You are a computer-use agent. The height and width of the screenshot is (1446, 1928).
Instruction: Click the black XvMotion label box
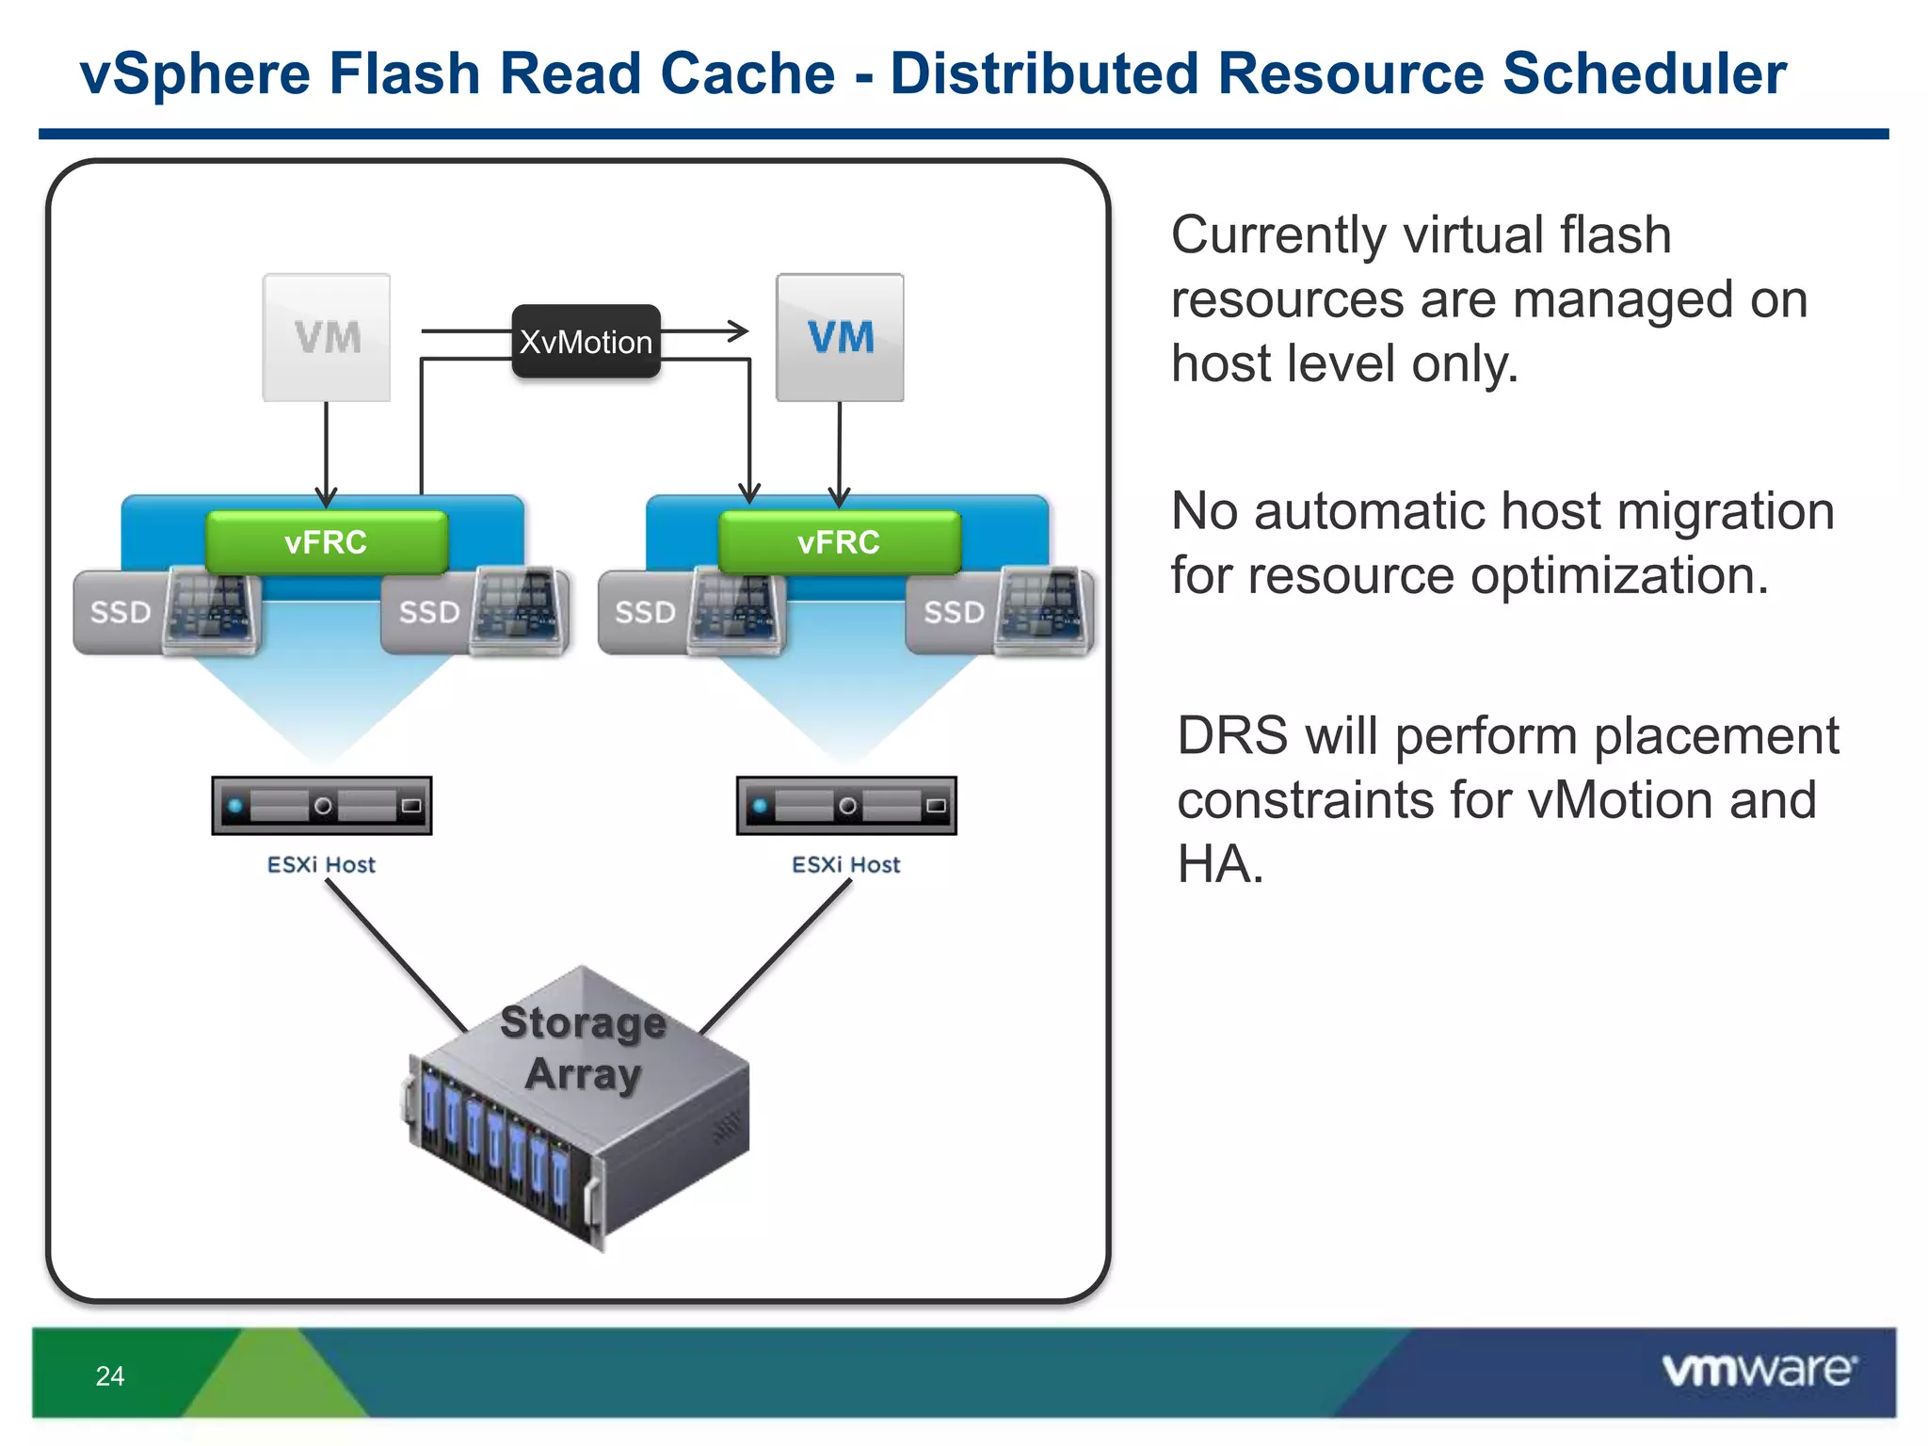tap(586, 342)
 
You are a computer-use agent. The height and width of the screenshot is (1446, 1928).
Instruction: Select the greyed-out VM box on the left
tap(327, 337)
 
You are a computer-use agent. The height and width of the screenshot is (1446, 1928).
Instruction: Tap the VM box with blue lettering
tap(840, 337)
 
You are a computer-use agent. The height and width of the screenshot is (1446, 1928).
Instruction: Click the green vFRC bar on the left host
tap(326, 542)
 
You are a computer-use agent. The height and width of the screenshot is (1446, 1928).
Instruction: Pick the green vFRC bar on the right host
tap(839, 542)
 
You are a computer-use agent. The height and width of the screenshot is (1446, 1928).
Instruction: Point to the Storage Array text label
tap(584, 1047)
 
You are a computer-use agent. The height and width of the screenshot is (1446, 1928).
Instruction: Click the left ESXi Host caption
tap(321, 864)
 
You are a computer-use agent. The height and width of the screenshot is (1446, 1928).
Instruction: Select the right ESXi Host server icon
tap(846, 806)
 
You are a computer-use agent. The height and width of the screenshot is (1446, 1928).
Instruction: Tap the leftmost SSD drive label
tap(120, 612)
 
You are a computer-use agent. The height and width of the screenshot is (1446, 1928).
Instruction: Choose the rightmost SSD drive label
tap(954, 612)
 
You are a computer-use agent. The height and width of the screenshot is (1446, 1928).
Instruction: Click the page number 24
tap(110, 1375)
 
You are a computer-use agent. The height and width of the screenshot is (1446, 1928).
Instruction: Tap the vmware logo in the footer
tap(1759, 1370)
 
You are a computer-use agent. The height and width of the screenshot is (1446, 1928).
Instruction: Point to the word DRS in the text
tap(1231, 735)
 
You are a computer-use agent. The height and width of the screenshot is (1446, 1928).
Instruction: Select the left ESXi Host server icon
tap(322, 806)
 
